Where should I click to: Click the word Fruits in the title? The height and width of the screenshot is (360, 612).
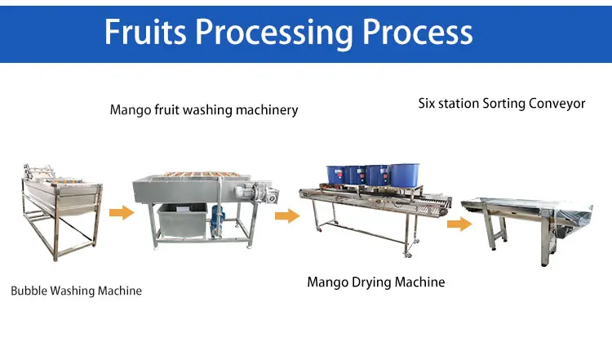145,32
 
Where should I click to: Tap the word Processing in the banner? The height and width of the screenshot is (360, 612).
274,34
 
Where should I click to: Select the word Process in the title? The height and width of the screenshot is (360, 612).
418,32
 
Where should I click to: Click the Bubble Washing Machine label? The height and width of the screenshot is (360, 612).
76,291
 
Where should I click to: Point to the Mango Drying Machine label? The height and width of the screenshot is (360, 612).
376,282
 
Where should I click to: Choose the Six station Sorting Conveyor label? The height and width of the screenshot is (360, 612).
502,104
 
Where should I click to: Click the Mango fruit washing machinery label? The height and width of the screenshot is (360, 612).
204,110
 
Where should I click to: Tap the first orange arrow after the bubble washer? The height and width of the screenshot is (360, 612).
122,212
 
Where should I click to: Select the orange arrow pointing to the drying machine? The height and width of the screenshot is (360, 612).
287,216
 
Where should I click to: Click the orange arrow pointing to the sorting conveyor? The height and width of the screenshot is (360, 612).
459,224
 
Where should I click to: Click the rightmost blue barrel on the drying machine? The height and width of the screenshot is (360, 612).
405,175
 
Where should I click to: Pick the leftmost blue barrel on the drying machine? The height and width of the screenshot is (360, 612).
336,175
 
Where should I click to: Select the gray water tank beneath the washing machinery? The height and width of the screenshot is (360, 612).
182,221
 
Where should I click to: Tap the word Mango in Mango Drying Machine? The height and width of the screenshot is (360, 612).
327,282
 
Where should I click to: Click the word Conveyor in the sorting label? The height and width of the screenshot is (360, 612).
557,104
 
